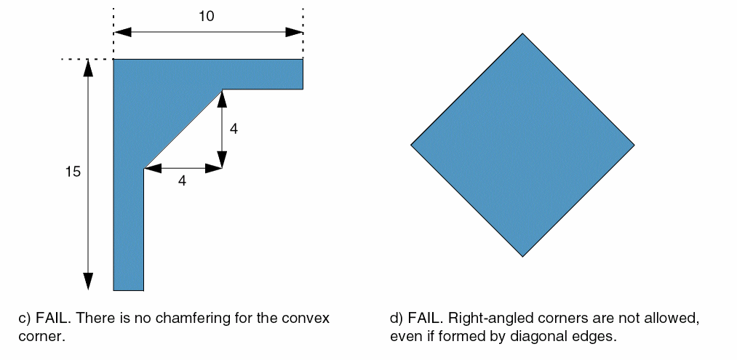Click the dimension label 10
coord(207,17)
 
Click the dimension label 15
coord(72,173)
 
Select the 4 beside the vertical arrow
coord(234,129)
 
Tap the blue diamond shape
coord(522,145)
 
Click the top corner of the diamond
coord(522,34)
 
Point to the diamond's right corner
coord(633,145)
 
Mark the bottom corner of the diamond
coord(522,256)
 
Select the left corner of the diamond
coord(412,145)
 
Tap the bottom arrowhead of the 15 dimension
coord(88,281)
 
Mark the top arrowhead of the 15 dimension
coord(88,68)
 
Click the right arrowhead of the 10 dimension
coord(294,32)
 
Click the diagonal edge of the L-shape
coord(183,128)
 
